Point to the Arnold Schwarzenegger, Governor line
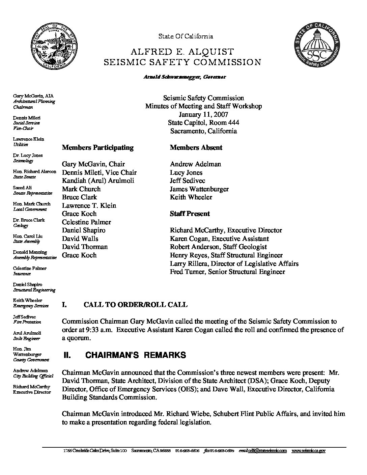pos(185,77)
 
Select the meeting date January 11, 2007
pos(203,115)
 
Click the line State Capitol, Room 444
pos(203,123)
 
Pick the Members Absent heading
pos(196,147)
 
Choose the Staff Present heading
pos(190,214)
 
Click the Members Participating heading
pos(97,147)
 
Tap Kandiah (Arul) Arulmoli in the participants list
pos(98,180)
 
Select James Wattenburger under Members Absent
pos(199,189)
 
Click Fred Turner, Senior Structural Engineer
pos(227,272)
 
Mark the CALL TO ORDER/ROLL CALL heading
pos(135,305)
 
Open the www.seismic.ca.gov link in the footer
pos(308,451)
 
